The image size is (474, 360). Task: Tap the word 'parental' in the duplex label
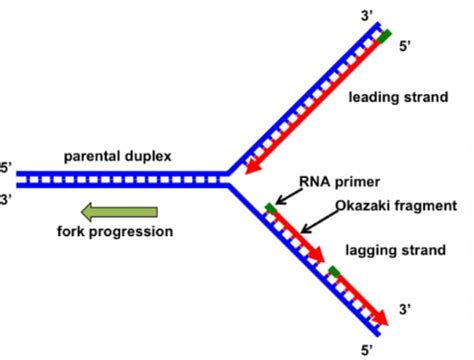(93, 157)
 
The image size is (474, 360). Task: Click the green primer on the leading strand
(385, 38)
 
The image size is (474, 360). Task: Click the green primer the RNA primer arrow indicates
(271, 210)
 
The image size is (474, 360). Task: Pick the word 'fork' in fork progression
(73, 232)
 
